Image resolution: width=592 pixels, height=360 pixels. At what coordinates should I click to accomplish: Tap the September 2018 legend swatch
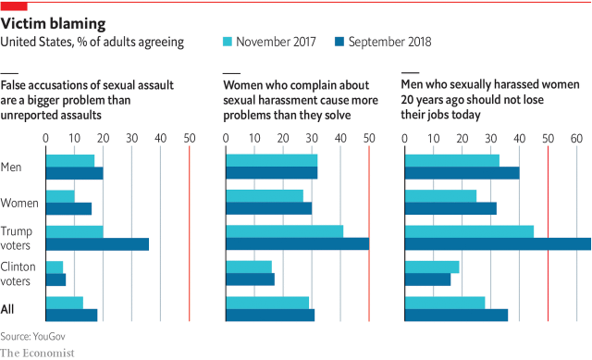(339, 42)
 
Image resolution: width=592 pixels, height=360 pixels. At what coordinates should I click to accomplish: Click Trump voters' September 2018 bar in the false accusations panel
(97, 244)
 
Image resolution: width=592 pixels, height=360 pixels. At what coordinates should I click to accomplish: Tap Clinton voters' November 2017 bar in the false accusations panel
(55, 267)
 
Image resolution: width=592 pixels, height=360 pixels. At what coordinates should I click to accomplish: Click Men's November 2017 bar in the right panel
(452, 161)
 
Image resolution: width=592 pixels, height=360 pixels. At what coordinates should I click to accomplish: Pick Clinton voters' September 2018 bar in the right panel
(428, 279)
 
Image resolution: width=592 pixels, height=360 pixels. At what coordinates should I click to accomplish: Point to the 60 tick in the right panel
(576, 137)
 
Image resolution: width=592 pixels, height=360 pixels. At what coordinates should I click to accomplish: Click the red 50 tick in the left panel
(189, 137)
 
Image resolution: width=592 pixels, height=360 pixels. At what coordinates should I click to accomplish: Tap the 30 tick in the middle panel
(312, 137)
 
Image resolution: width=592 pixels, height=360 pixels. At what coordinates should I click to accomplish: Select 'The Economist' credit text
(37, 352)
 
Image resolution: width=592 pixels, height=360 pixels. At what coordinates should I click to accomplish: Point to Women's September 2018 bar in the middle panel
(269, 209)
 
